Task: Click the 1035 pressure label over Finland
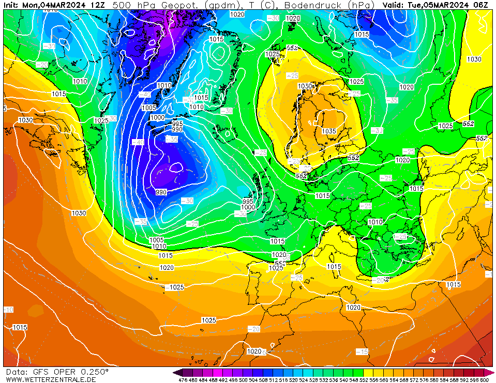click(x=329, y=131)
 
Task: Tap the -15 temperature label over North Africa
click(x=362, y=351)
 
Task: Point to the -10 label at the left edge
click(x=8, y=310)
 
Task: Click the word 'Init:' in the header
click(x=11, y=5)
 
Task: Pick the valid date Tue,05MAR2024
click(x=439, y=5)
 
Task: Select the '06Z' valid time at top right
click(x=482, y=5)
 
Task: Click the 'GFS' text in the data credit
click(x=40, y=372)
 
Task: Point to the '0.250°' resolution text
click(x=94, y=372)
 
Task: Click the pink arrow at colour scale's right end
click(x=489, y=372)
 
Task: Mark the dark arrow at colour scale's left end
click(x=177, y=372)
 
